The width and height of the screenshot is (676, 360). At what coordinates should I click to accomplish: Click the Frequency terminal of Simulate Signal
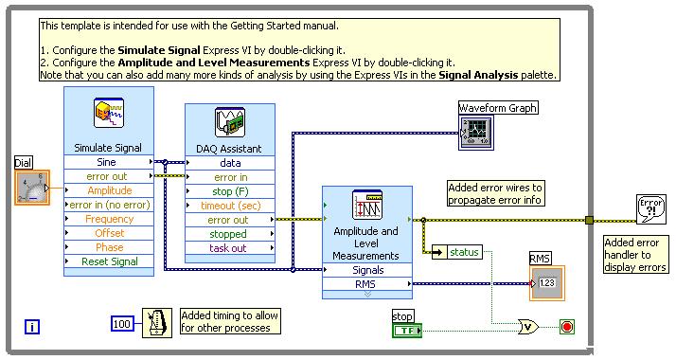109,219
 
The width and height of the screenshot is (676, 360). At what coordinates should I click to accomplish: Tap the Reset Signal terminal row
109,261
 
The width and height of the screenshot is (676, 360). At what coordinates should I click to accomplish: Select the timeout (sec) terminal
230,205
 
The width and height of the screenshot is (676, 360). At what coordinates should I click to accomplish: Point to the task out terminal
230,248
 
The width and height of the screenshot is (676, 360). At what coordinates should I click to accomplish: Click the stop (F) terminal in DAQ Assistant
230,190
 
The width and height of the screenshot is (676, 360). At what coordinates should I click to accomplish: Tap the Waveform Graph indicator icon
476,133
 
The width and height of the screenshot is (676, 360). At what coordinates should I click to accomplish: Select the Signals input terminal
366,270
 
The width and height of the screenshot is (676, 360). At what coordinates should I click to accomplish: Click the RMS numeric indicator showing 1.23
546,282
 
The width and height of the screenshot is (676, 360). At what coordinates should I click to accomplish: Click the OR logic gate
527,327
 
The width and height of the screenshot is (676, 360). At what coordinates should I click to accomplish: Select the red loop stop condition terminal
566,327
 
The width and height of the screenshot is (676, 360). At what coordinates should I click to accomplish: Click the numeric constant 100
123,323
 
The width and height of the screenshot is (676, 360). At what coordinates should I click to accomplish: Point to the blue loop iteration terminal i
32,327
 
